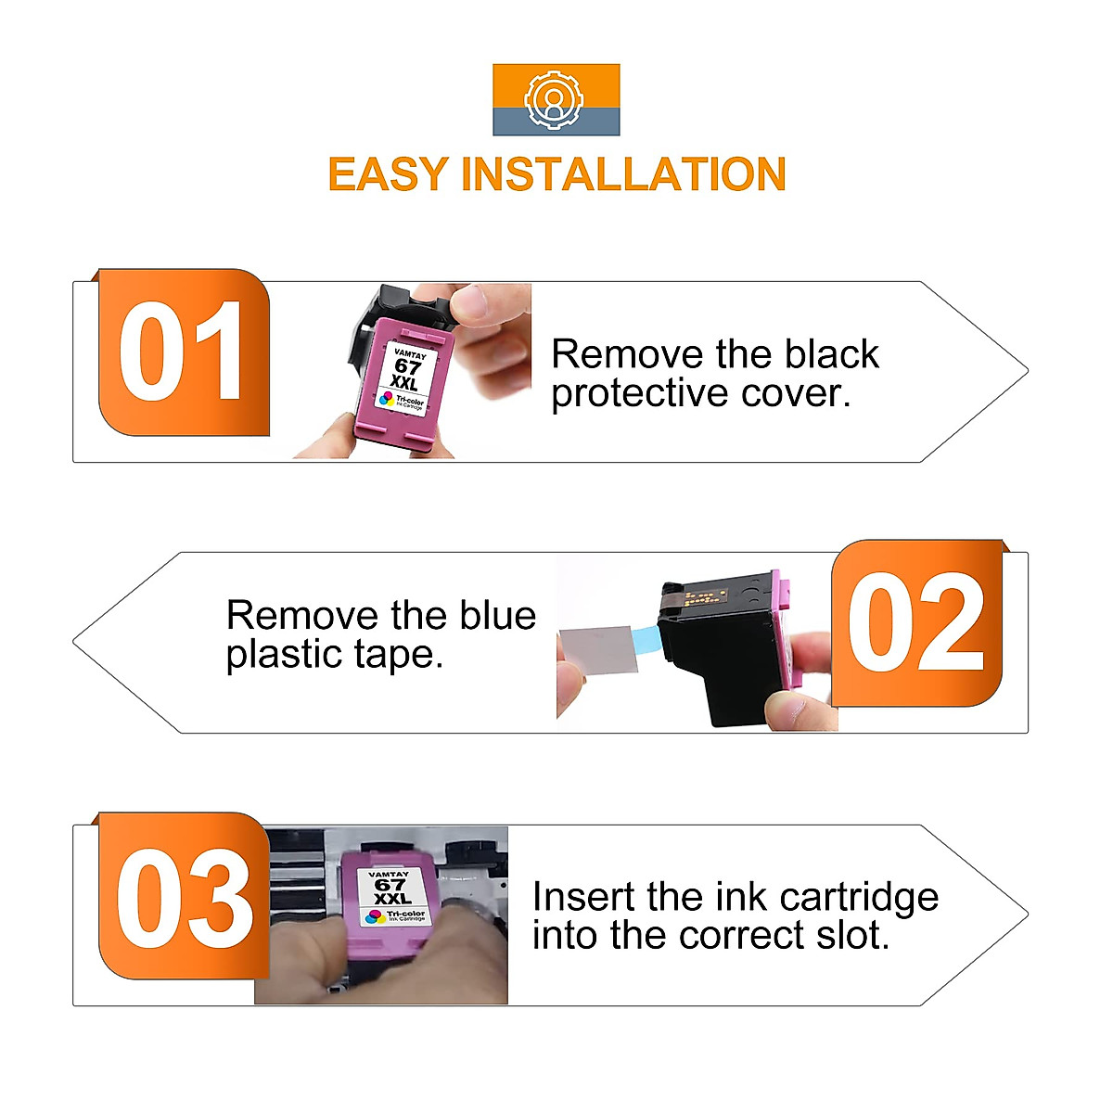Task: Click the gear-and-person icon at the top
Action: (x=556, y=99)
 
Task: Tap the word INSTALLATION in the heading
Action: (x=623, y=174)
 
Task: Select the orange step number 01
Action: (x=183, y=353)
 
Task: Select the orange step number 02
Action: (x=916, y=623)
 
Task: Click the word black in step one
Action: (x=831, y=354)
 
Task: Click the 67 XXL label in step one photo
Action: (x=404, y=372)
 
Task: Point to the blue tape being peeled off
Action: (x=644, y=638)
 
